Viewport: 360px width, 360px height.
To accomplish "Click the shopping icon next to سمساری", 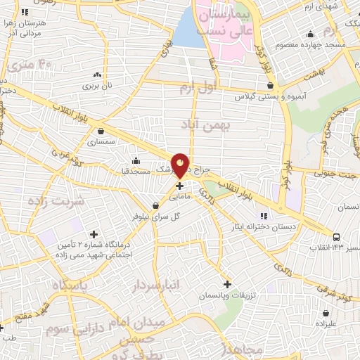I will [103, 130].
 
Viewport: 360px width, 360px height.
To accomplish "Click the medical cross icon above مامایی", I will [180, 186].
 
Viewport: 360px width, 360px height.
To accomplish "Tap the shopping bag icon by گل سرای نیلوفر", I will [155, 205].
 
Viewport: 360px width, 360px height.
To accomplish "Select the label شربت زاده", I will [56, 201].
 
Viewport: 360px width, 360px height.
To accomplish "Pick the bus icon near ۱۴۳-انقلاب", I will [337, 237].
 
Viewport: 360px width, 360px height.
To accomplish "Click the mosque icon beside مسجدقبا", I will [136, 160].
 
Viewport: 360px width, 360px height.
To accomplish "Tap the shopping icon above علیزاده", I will [326, 313].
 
